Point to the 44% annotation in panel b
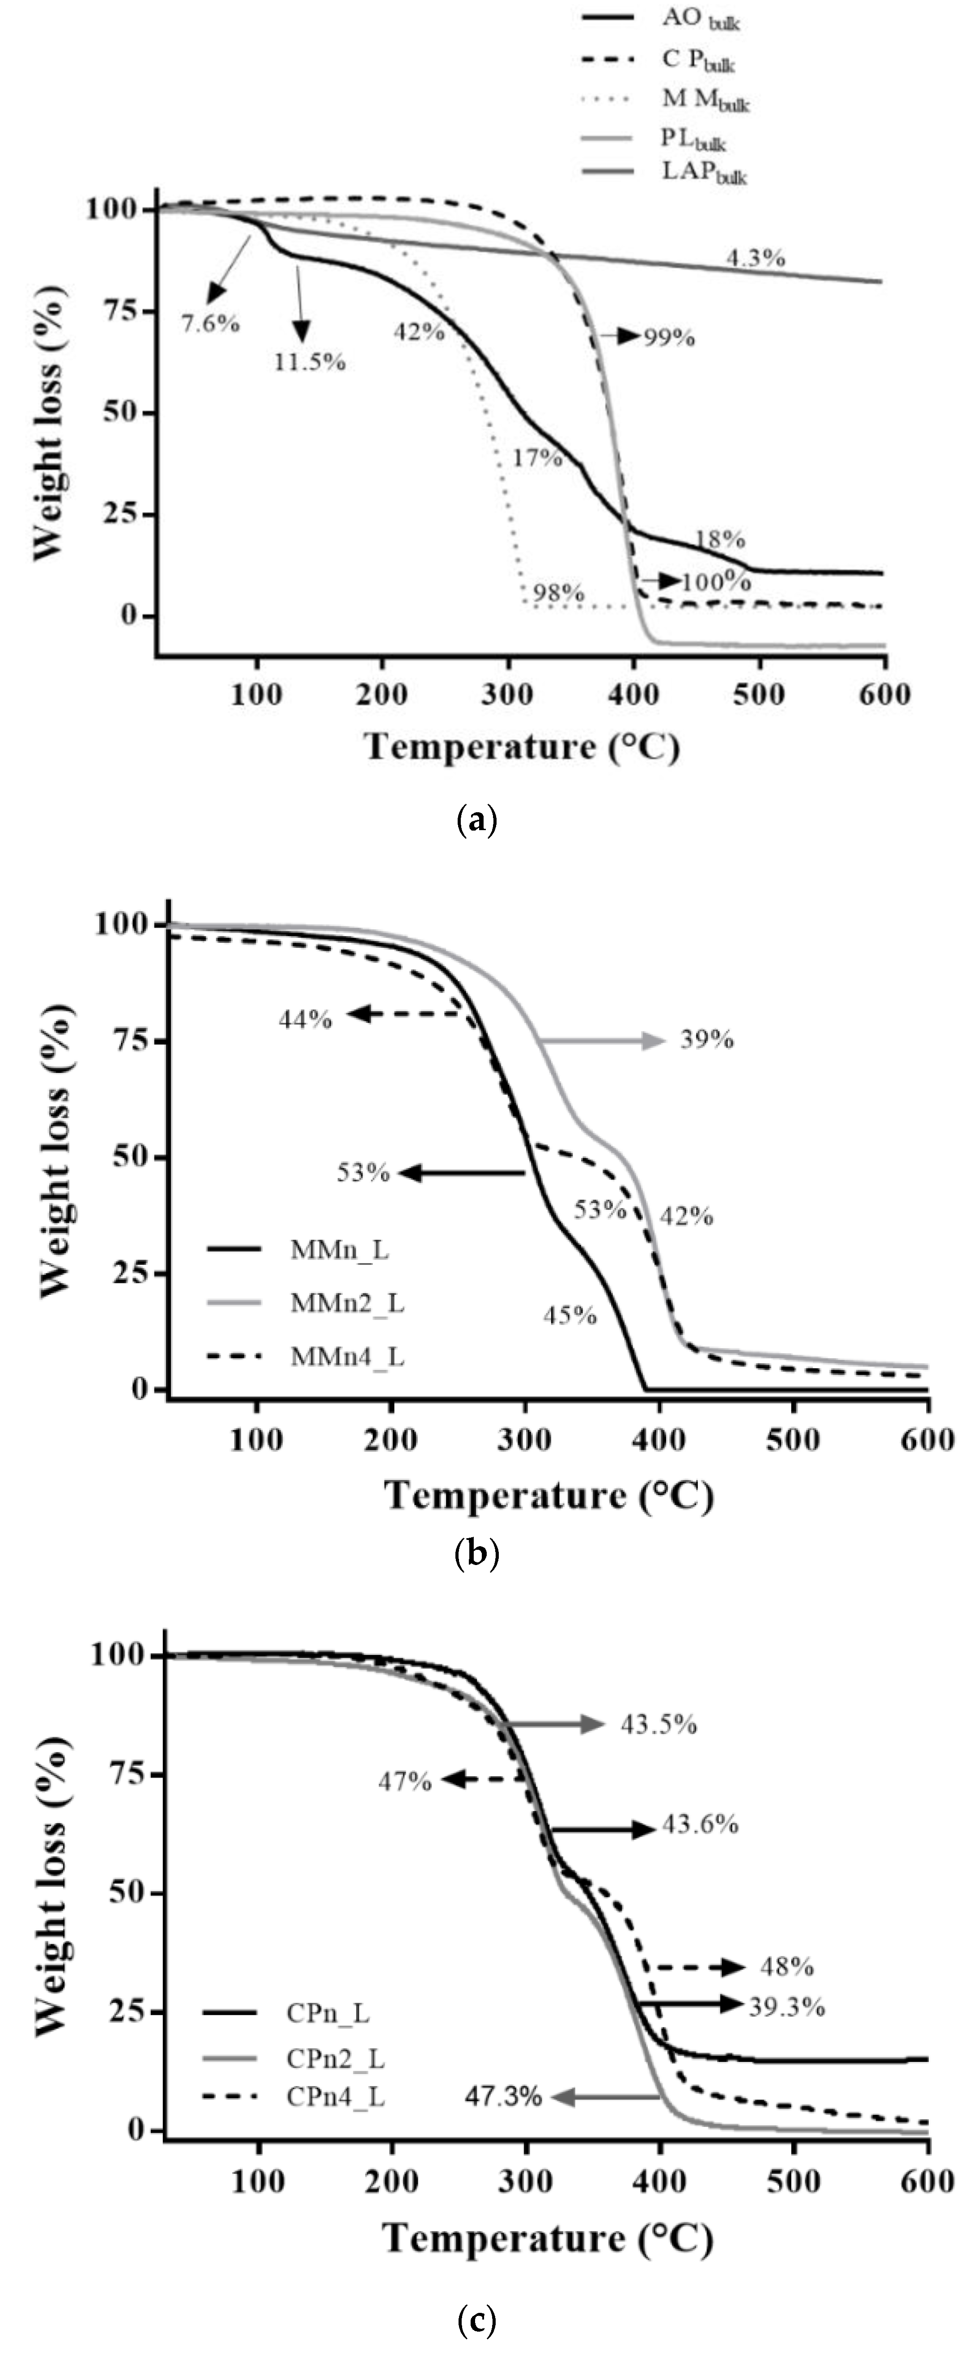pos(305,1018)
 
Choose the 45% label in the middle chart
pos(570,1315)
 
